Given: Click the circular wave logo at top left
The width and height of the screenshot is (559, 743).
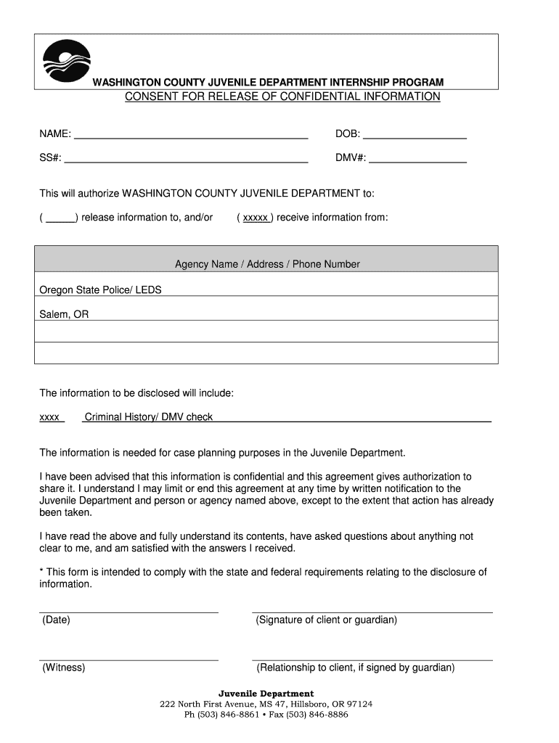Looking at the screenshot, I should pyautogui.click(x=67, y=62).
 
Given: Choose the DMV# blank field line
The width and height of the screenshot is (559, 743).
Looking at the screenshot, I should pyautogui.click(x=417, y=159).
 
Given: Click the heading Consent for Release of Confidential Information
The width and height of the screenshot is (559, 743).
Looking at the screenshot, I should pyautogui.click(x=282, y=97).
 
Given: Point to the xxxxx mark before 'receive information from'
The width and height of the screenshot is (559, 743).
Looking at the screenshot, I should pyautogui.click(x=256, y=218).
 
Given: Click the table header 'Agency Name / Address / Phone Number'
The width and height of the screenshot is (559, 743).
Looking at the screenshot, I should pyautogui.click(x=267, y=264).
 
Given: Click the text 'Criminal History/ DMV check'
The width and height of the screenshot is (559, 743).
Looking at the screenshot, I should pyautogui.click(x=149, y=417).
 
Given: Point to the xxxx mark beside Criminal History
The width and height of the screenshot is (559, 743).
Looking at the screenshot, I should pyautogui.click(x=49, y=417).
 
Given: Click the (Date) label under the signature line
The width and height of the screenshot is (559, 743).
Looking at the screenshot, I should pyautogui.click(x=56, y=620).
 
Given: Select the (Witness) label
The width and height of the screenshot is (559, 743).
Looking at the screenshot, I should pyautogui.click(x=63, y=668).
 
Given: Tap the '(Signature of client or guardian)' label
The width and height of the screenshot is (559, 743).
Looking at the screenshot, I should pyautogui.click(x=327, y=620).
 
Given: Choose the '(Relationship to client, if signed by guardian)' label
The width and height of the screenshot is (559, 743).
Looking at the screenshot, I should pyautogui.click(x=355, y=668).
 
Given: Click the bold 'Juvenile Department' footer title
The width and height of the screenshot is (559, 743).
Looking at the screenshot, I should pyautogui.click(x=266, y=694).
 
